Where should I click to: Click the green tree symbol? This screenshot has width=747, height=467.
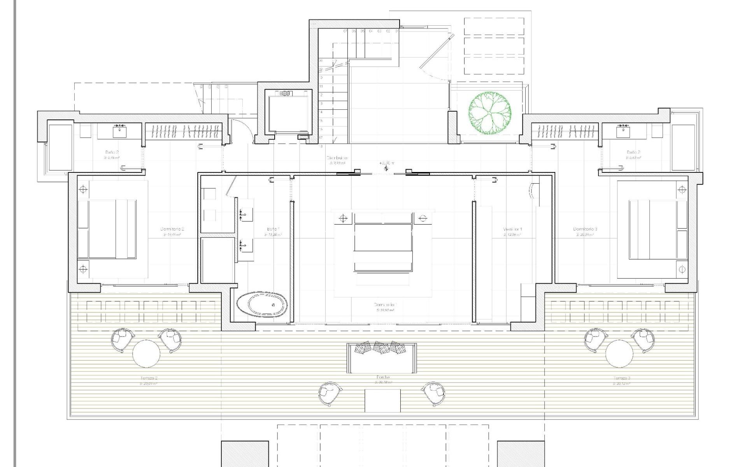tap(489, 113)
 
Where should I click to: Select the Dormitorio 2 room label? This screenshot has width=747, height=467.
tap(172, 229)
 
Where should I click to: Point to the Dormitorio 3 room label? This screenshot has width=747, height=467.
tap(585, 229)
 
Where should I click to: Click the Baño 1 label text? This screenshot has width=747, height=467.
tap(273, 229)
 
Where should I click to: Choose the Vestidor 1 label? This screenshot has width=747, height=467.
tap(512, 229)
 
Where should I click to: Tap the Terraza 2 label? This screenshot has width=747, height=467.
tap(149, 378)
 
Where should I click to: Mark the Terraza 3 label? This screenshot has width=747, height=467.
tap(621, 378)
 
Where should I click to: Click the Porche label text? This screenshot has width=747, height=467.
tap(383, 377)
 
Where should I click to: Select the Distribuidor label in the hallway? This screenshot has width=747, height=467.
tap(337, 158)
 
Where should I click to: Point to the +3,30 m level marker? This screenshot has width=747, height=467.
tap(387, 164)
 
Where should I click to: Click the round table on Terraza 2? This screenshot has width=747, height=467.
tap(146, 353)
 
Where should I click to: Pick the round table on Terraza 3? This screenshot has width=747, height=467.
tap(619, 353)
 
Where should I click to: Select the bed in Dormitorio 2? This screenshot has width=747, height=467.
tap(107, 229)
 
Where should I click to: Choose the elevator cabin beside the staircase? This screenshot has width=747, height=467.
tap(288, 113)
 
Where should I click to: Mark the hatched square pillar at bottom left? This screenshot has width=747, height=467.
tap(245, 454)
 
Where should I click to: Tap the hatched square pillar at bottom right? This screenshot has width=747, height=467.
tap(521, 454)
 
